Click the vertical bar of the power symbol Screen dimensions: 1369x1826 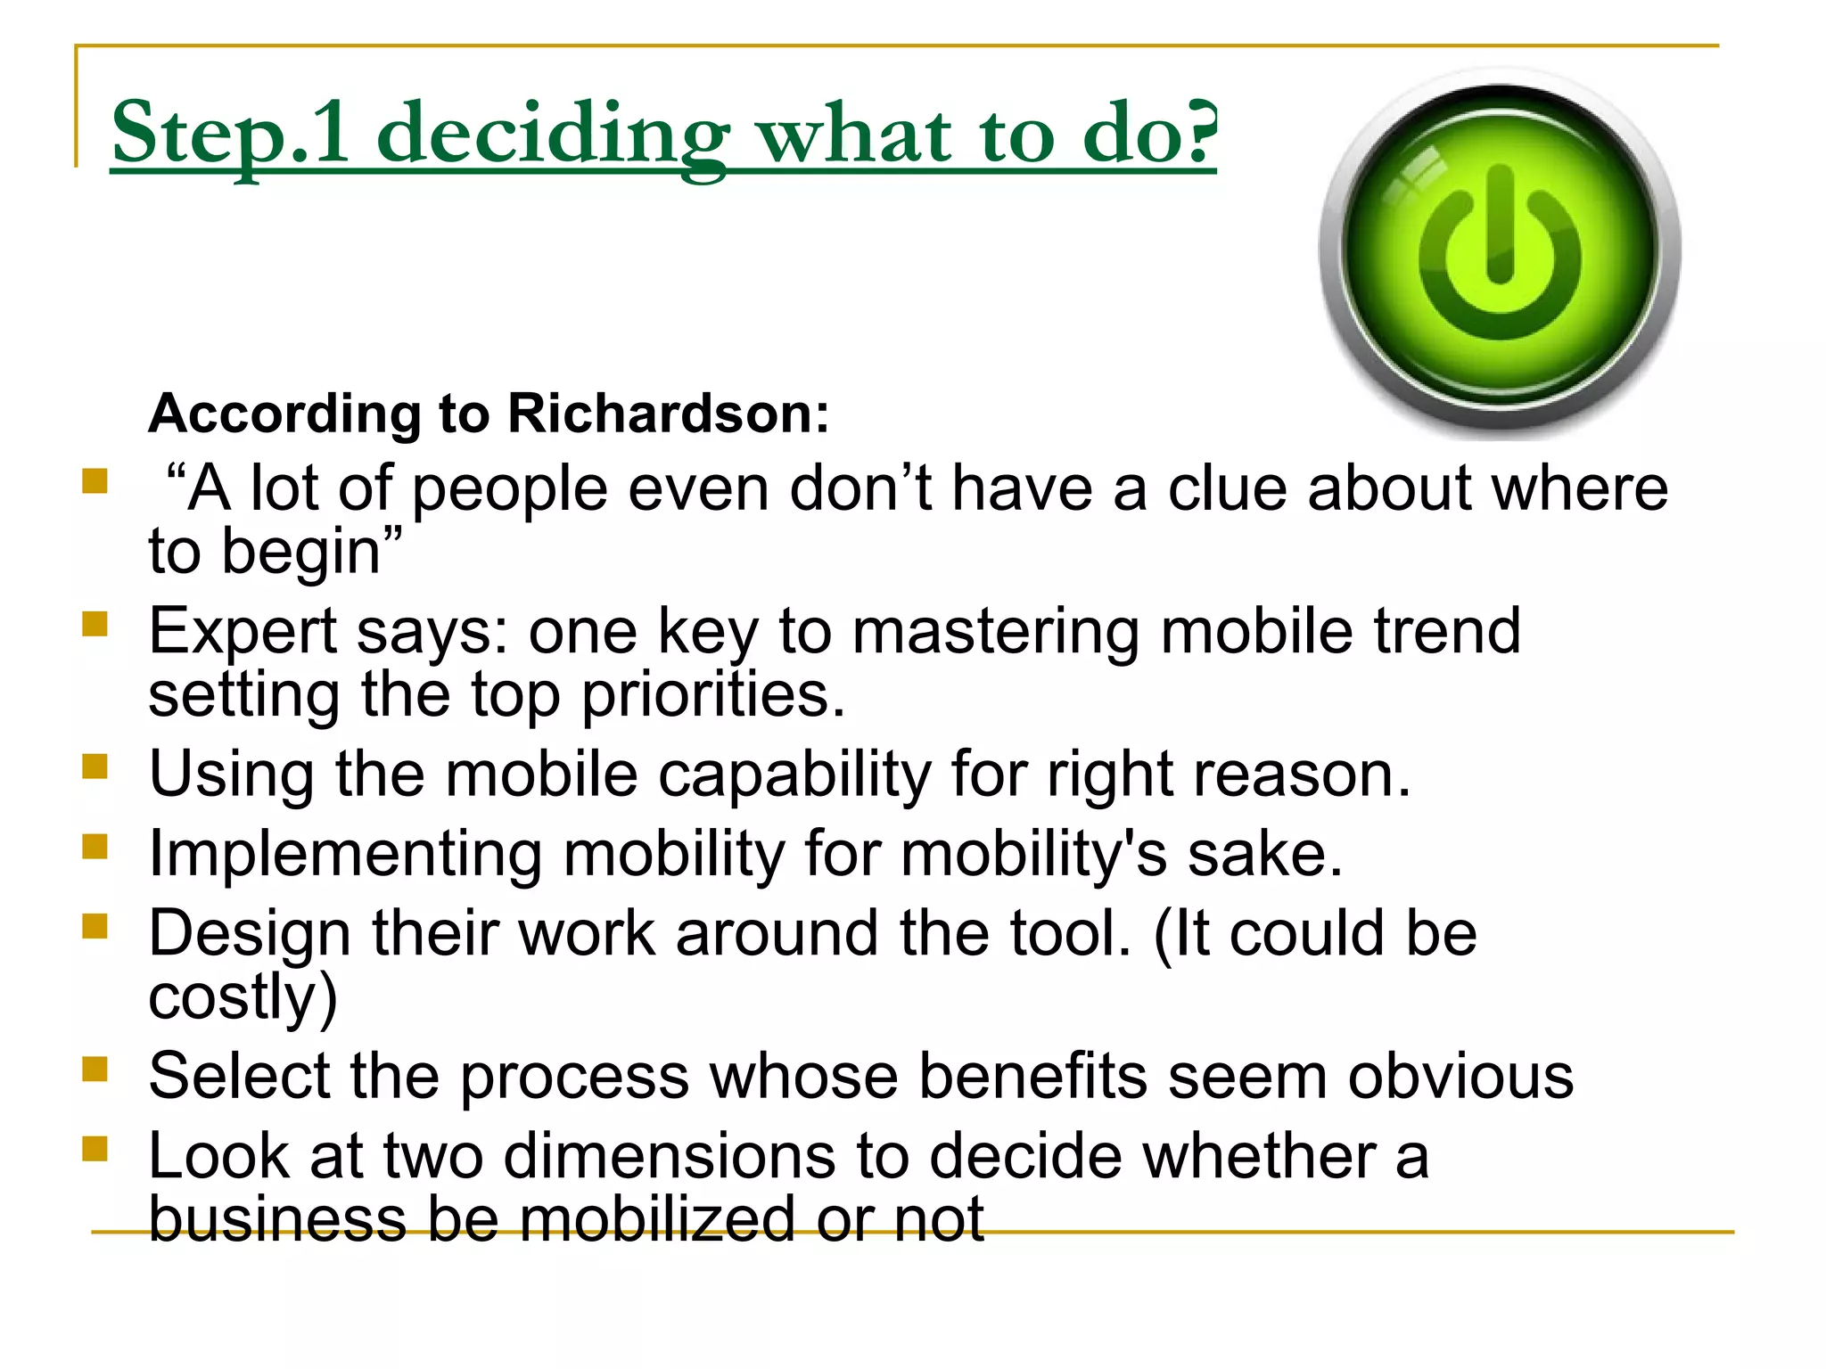coord(1500,224)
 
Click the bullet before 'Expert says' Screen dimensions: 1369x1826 coord(95,623)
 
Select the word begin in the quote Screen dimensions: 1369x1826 coord(301,552)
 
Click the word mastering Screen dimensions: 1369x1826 coord(995,631)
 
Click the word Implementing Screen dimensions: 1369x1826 coord(345,854)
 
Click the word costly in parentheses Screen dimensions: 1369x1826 coord(233,996)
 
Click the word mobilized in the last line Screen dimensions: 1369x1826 coord(656,1219)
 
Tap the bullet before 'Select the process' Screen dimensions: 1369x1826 coord(95,1068)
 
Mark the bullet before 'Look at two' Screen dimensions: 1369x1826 coord(95,1148)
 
